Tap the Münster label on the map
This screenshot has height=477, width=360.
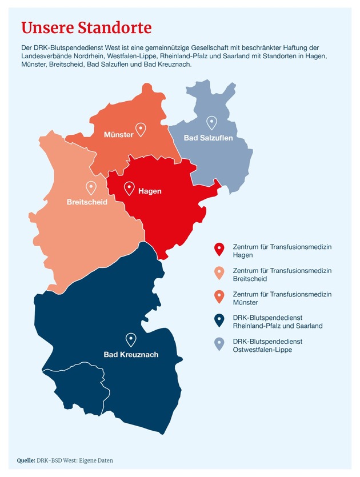118,135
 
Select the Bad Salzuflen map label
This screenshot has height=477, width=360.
208,138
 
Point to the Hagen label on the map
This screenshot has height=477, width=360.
150,191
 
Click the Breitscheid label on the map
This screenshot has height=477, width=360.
87,202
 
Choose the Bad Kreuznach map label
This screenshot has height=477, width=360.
131,355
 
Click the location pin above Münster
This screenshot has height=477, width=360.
140,130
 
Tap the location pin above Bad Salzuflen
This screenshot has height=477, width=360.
211,123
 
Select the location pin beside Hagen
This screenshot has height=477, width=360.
129,188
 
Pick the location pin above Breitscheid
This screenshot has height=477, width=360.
90,187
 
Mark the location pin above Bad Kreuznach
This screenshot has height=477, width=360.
131,340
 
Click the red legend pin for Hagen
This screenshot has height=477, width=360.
218,250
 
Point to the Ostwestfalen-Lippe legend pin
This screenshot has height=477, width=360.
218,344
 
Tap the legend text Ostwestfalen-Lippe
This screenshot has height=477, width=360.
262,350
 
